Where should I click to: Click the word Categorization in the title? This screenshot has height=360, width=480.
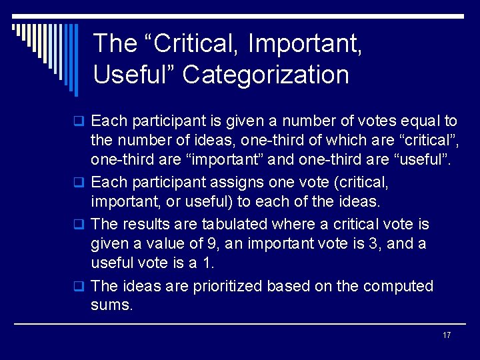(265, 75)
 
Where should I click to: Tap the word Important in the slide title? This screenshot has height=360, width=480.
(305, 44)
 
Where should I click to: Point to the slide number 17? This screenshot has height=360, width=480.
(447, 335)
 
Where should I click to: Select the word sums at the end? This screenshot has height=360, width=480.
(112, 306)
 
